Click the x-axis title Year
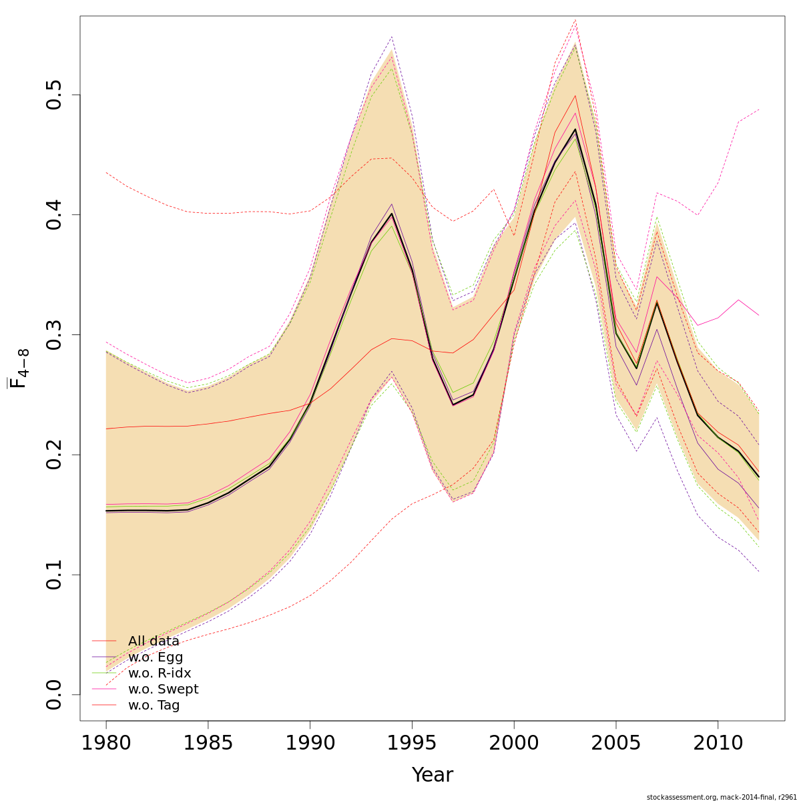pos(432,775)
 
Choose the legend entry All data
pos(154,641)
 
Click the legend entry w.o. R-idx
pos(160,674)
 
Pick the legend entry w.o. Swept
pos(163,690)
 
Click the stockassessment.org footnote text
pos(721,797)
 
